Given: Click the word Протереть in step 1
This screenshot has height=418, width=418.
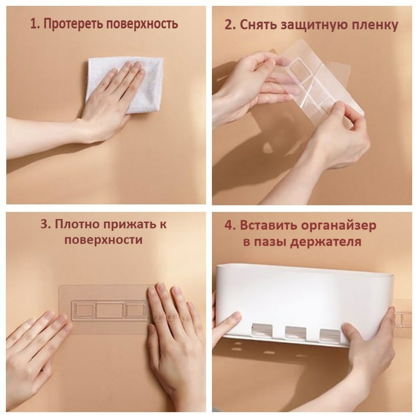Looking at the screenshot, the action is [x=73, y=24].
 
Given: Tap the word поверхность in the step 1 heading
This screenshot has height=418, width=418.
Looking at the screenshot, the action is [x=142, y=24].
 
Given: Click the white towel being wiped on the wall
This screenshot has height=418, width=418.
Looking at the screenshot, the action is [x=126, y=85].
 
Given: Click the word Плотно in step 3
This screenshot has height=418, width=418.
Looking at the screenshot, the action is [x=77, y=224].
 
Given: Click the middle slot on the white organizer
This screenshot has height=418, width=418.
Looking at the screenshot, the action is [x=295, y=332].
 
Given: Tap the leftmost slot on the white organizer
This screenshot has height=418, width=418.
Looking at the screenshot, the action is [x=262, y=331].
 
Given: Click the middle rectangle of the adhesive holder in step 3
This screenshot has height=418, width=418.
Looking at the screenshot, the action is [x=110, y=310].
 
